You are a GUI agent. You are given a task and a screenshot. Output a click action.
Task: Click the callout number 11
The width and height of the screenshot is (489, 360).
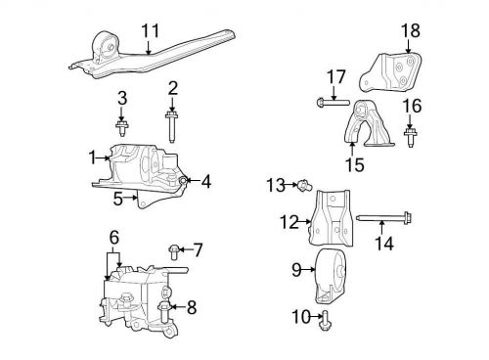pyautogui.click(x=149, y=31)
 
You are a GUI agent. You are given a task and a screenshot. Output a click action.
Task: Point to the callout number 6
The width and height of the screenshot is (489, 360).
pyautogui.click(x=114, y=237)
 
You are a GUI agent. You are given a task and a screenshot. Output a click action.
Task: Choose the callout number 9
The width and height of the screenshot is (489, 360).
pyautogui.click(x=294, y=267)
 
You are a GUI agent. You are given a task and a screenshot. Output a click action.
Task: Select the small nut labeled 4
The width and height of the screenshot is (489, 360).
pyautogui.click(x=183, y=180)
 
